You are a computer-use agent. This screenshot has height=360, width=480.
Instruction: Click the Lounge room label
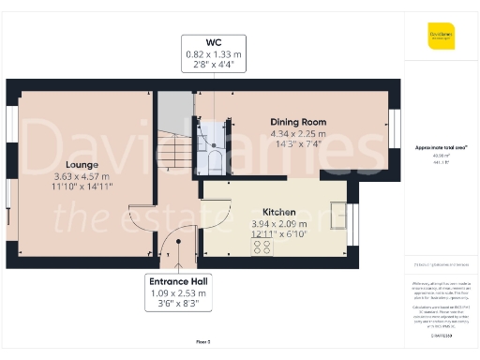click(x=80, y=164)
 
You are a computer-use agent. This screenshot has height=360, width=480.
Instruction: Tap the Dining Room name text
click(x=297, y=123)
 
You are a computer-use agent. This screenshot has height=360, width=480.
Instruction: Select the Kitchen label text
click(x=279, y=212)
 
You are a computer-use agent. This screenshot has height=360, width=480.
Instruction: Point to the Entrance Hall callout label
click(x=184, y=281)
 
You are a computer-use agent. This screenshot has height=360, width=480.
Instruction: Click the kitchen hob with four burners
click(x=262, y=247)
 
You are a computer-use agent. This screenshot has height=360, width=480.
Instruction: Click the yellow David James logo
click(x=441, y=37)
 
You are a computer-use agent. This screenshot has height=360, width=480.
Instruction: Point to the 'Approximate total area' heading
click(x=441, y=148)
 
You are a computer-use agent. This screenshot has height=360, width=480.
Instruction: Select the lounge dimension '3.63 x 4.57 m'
click(x=80, y=176)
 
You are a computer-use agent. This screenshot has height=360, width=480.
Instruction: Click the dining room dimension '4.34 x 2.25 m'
click(x=297, y=134)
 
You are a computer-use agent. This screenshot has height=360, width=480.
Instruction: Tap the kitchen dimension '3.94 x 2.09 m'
click(x=279, y=224)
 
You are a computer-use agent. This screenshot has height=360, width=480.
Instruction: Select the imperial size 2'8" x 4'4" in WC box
click(x=215, y=66)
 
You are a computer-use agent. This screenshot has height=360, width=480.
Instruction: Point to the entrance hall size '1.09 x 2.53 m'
click(x=184, y=293)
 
